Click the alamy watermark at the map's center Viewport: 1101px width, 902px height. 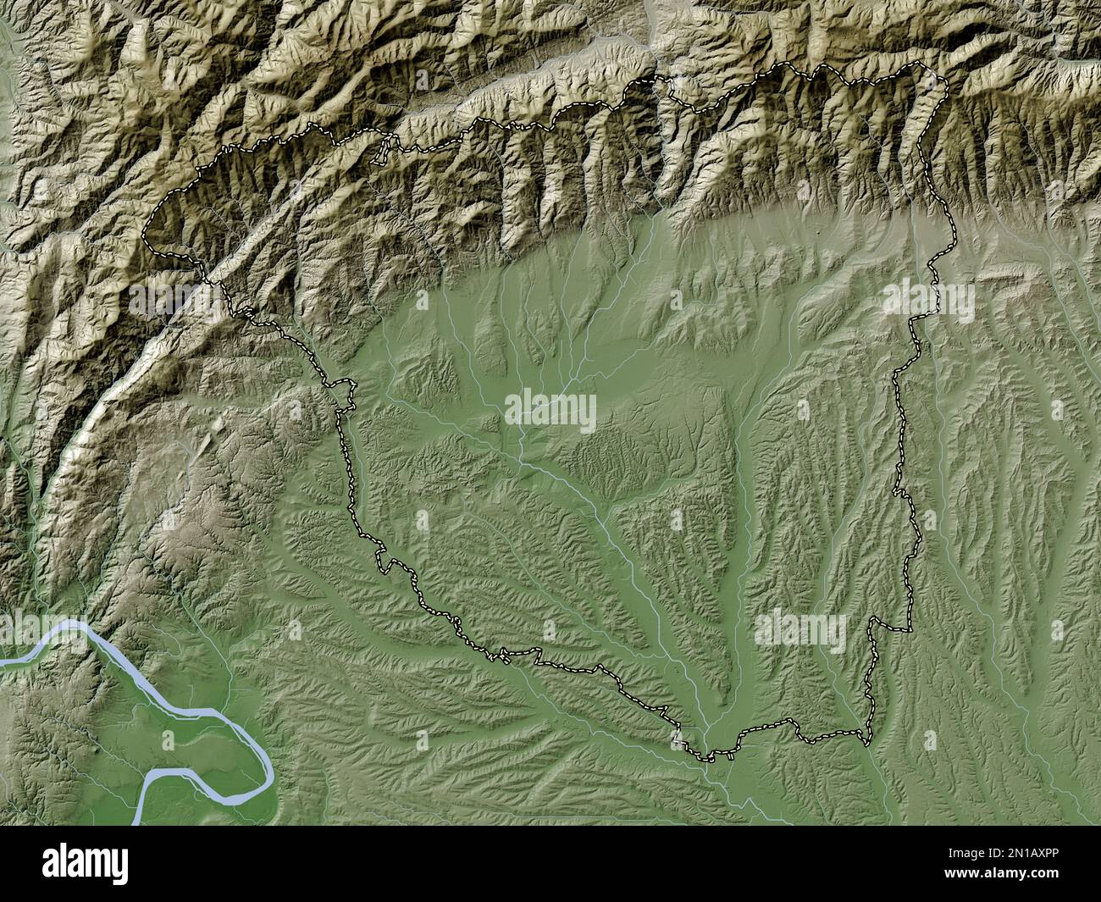(550, 412)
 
